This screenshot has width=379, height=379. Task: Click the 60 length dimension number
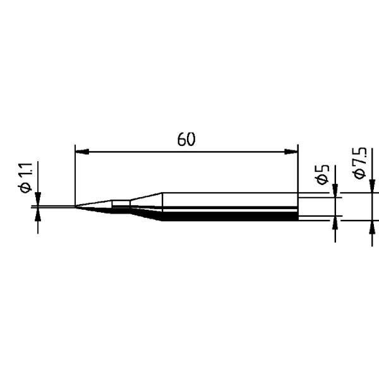[186, 139]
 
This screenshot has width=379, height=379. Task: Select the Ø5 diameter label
[322, 175]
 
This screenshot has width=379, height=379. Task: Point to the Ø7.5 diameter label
[360, 163]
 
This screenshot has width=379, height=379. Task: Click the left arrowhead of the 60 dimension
[82, 152]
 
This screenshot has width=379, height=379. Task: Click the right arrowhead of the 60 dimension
[291, 152]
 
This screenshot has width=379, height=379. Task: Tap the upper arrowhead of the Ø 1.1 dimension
[38, 199]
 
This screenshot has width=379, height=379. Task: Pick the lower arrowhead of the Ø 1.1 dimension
[38, 214]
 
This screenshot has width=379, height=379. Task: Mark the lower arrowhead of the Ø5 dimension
[335, 222]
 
